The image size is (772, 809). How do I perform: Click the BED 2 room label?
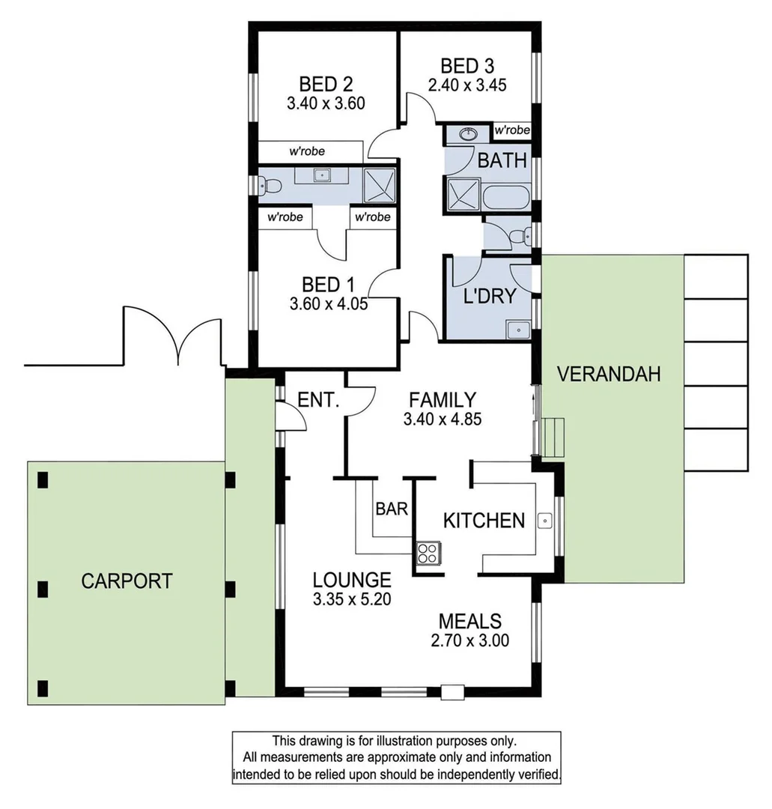pos(326,83)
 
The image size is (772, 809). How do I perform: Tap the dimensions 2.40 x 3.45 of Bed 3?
pos(467,85)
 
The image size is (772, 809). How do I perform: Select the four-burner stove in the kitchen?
pos(428,553)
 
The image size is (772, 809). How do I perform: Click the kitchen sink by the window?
pos(545,518)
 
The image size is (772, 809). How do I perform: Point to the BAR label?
pos(392,509)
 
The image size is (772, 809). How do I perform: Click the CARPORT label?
pos(127,581)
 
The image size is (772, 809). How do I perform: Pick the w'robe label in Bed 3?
pos(512,130)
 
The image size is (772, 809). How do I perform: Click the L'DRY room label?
pos(490,296)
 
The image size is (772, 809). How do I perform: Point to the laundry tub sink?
pos(517,328)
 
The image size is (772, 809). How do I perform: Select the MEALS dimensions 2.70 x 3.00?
pos(469,640)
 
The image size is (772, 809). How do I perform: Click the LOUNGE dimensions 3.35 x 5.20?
pos(352,599)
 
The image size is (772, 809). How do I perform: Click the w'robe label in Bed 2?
pos(307,151)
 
